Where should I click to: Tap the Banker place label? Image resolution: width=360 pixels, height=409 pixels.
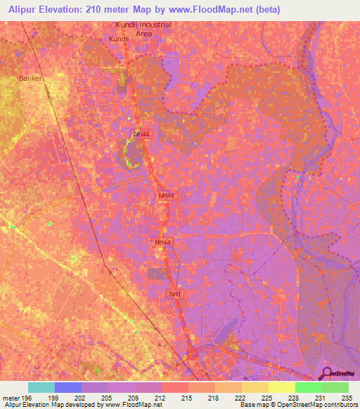click(x=31, y=78)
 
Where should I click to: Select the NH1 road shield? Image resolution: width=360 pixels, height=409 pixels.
click(x=175, y=294)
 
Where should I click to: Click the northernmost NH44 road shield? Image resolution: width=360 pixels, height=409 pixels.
click(x=141, y=134)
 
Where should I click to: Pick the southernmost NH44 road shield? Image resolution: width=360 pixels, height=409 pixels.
click(x=162, y=242)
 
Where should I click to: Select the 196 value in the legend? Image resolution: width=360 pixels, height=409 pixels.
click(x=27, y=397)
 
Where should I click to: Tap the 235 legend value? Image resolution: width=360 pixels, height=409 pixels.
click(x=347, y=397)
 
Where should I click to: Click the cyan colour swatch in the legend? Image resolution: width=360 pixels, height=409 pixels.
click(x=41, y=387)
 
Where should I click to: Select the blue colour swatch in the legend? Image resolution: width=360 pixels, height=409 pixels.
click(x=67, y=387)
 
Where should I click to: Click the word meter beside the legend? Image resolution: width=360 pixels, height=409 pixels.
click(x=10, y=397)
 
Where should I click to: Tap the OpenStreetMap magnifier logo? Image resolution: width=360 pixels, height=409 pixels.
click(x=326, y=374)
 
